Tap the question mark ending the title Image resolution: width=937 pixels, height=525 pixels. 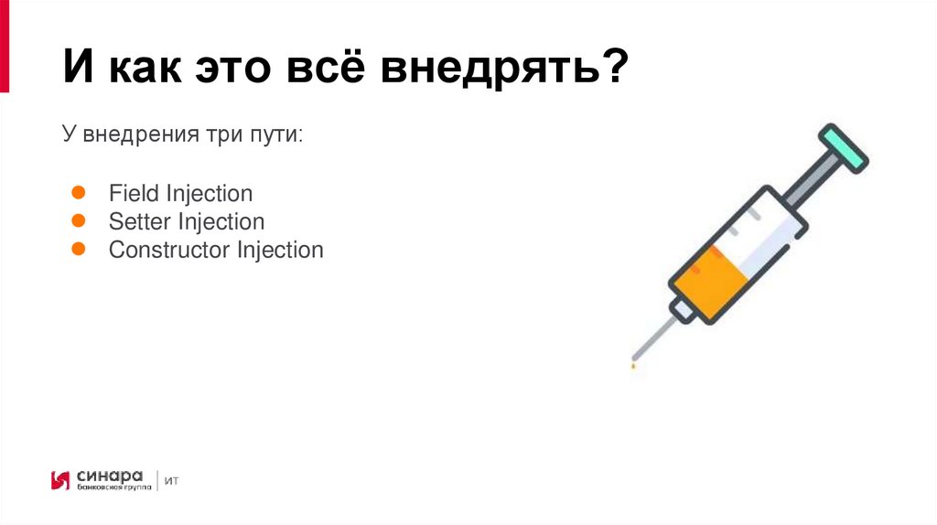[x=616, y=70]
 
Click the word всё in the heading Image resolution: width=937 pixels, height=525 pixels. [x=329, y=70]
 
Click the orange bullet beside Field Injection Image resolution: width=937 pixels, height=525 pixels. [x=79, y=193]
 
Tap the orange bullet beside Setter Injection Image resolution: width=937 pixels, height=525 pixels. [x=79, y=221]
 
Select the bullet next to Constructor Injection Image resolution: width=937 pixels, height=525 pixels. [x=79, y=249]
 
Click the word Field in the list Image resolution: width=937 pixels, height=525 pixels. [x=135, y=194]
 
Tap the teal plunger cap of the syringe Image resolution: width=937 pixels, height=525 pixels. [x=843, y=147]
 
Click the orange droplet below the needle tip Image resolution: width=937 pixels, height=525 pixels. [x=631, y=366]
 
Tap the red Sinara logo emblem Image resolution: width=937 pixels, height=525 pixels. [x=60, y=480]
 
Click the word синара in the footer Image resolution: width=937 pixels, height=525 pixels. [x=110, y=476]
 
